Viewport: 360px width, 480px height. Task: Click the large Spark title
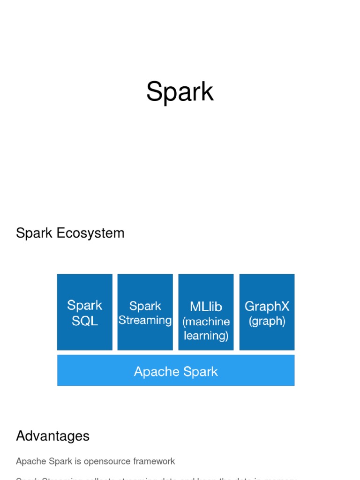pyautogui.click(x=180, y=92)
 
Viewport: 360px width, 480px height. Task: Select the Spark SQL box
pyautogui.click(x=84, y=312)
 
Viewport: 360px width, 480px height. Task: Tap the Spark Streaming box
pyautogui.click(x=145, y=312)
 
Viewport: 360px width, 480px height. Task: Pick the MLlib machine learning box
pyautogui.click(x=206, y=312)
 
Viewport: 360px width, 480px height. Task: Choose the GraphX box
pyautogui.click(x=267, y=312)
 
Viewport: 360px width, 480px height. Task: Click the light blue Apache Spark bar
pyautogui.click(x=176, y=370)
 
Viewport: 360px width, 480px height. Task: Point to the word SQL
pyautogui.click(x=85, y=321)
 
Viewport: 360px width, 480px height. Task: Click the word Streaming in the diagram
pyautogui.click(x=145, y=320)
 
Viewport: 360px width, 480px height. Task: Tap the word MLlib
pyautogui.click(x=206, y=307)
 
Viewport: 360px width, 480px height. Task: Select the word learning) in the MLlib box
pyautogui.click(x=206, y=336)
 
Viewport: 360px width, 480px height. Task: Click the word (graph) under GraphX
pyautogui.click(x=267, y=321)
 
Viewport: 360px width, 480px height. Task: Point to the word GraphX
pyautogui.click(x=267, y=307)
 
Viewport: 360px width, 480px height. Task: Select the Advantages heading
pyautogui.click(x=52, y=436)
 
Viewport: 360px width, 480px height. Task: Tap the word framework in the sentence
pyautogui.click(x=154, y=461)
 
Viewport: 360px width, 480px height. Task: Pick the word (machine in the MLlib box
pyautogui.click(x=206, y=322)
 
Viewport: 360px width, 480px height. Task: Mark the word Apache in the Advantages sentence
pyautogui.click(x=30, y=461)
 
